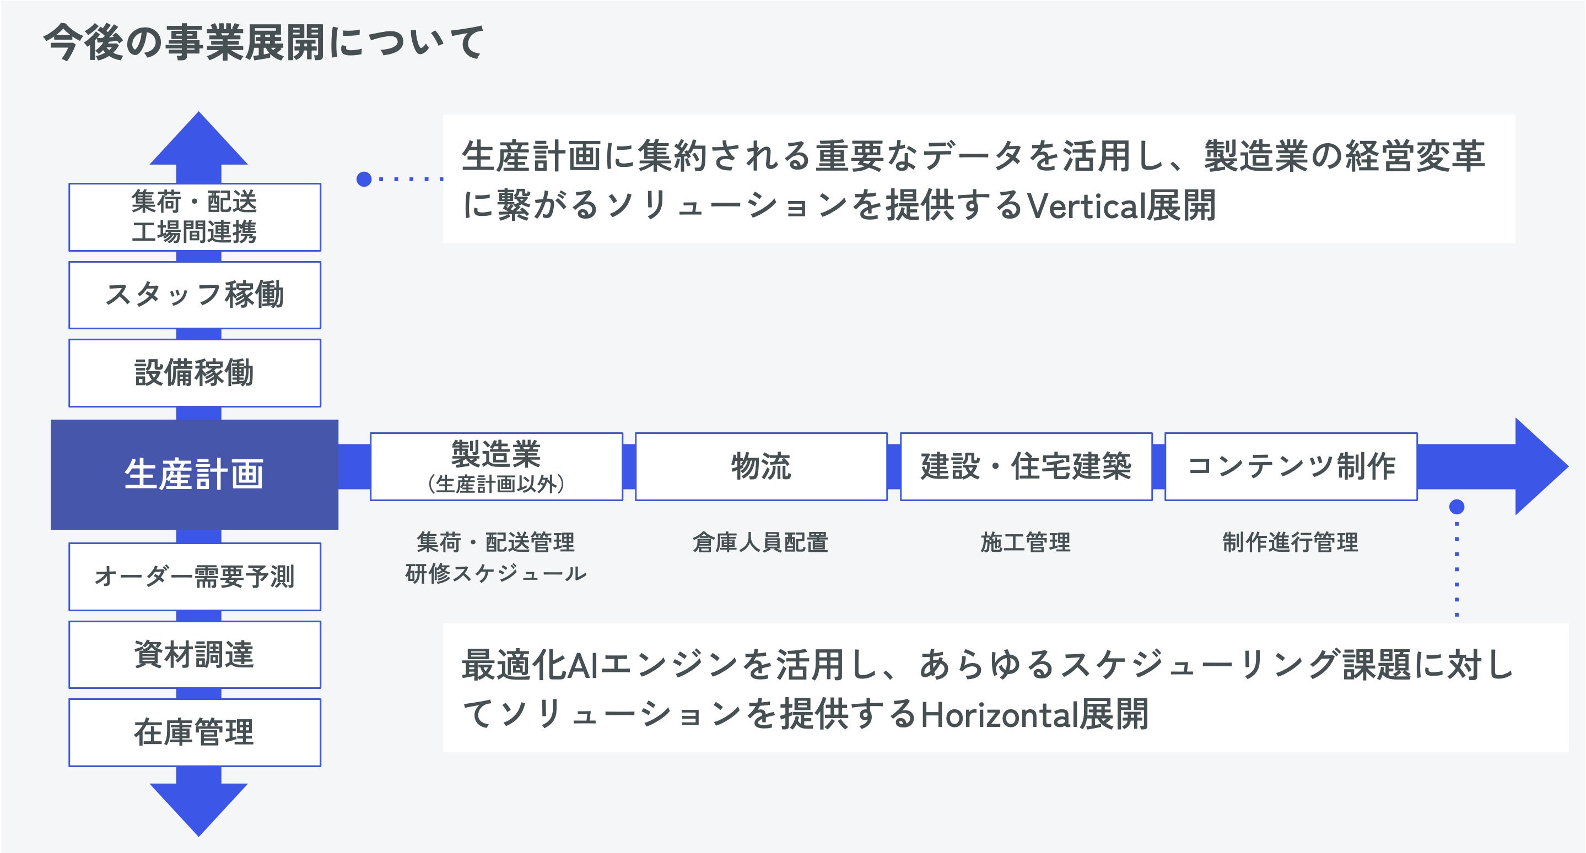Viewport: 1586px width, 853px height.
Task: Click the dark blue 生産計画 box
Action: coord(194,474)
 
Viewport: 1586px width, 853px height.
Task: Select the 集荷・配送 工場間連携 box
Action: coord(195,216)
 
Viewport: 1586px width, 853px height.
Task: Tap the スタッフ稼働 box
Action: coord(195,295)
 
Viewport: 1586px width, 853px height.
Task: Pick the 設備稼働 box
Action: coord(195,372)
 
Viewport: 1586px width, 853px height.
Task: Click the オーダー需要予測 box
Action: coord(195,576)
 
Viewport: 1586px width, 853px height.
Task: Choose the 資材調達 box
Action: coord(195,654)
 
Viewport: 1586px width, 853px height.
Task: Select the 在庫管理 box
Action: coord(195,732)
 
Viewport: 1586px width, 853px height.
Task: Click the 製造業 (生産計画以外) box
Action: coord(496,466)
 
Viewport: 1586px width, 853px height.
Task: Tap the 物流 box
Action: coord(761,466)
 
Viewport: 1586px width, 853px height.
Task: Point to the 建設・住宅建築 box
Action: coord(1026,466)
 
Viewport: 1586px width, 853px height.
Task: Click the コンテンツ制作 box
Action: coord(1291,466)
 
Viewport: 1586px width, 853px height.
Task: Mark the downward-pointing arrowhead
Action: coord(198,807)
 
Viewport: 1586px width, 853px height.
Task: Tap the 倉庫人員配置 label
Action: coord(760,542)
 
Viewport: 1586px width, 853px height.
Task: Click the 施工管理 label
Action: coord(1025,542)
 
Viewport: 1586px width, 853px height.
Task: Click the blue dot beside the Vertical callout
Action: coord(364,179)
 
